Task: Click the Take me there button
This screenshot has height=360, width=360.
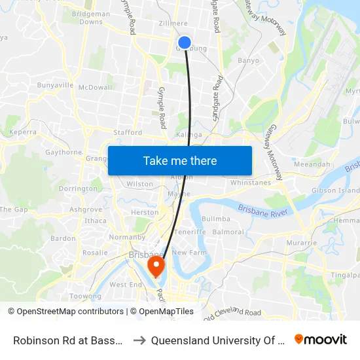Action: pyautogui.click(x=180, y=160)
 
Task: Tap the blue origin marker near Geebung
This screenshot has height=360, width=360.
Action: pyautogui.click(x=185, y=43)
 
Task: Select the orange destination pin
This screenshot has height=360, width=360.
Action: pyautogui.click(x=156, y=266)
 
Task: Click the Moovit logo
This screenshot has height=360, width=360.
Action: pyautogui.click(x=321, y=339)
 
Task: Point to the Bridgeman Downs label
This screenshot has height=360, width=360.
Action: pyautogui.click(x=90, y=18)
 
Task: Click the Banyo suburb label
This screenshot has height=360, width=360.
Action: pyautogui.click(x=249, y=60)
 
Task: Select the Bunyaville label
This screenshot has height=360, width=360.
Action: pyautogui.click(x=55, y=86)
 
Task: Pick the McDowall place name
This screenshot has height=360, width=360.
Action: pyautogui.click(x=95, y=87)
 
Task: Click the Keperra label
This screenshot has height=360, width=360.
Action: pyautogui.click(x=22, y=132)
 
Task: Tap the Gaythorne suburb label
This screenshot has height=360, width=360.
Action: pyautogui.click(x=64, y=153)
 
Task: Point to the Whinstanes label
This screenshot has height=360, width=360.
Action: pyautogui.click(x=250, y=183)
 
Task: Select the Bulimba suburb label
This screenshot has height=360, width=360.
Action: pyautogui.click(x=216, y=219)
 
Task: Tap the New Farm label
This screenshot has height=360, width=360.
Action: pyautogui.click(x=189, y=253)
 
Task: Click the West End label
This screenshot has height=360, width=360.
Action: pyautogui.click(x=126, y=285)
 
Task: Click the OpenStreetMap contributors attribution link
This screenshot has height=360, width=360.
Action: pyautogui.click(x=69, y=312)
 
